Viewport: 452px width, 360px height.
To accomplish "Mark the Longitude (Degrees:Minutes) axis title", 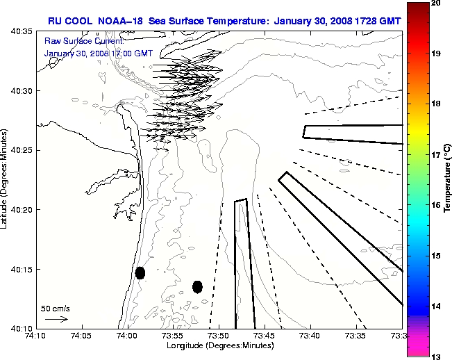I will pyautogui.click(x=219, y=345).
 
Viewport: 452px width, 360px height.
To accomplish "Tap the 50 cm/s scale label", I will pyautogui.click(x=56, y=308).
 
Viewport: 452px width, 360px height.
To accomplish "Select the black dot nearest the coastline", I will pyautogui.click(x=140, y=272).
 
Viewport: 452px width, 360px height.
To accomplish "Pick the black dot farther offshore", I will pyautogui.click(x=197, y=286).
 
